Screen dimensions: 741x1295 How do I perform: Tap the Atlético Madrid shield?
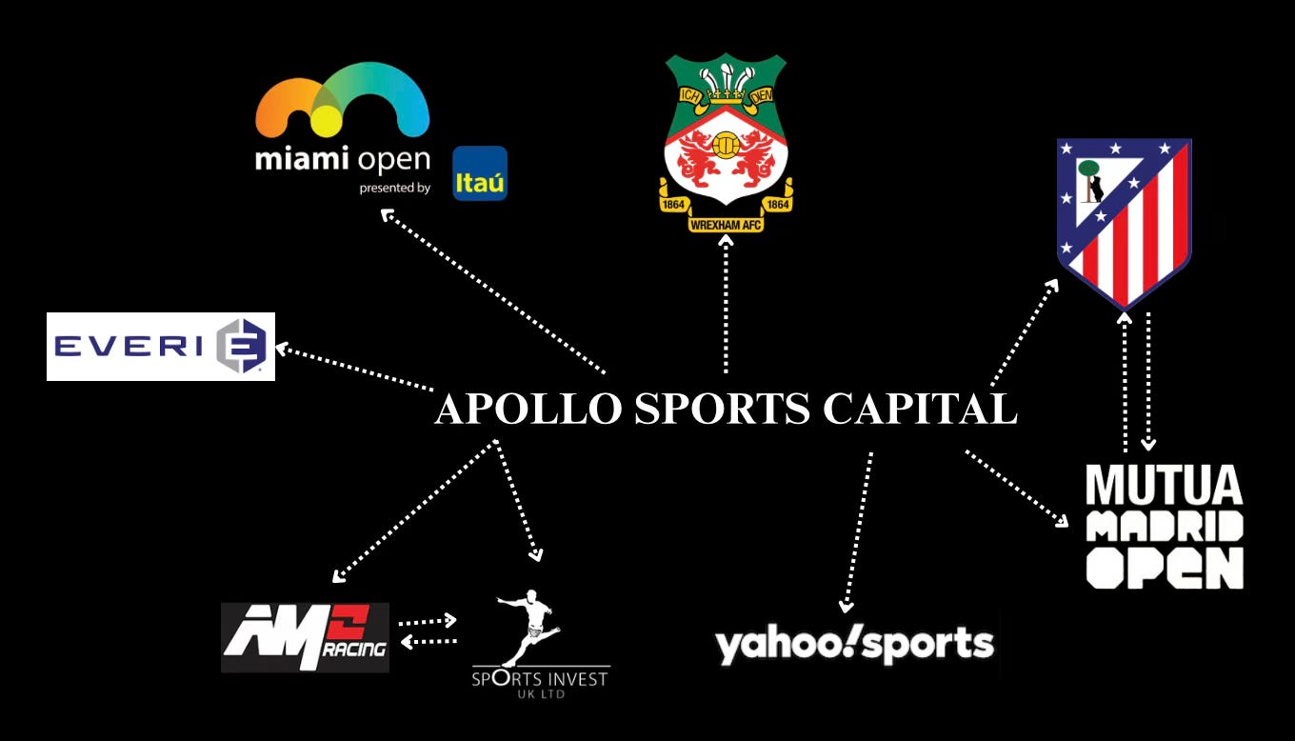pyautogui.click(x=1125, y=219)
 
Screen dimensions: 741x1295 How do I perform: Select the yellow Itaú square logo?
pyautogui.click(x=480, y=173)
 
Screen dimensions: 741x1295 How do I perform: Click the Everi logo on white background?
pyautogui.click(x=161, y=346)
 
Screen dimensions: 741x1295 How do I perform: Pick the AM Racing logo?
pyautogui.click(x=305, y=637)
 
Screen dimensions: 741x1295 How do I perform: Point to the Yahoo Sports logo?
pyautogui.click(x=854, y=645)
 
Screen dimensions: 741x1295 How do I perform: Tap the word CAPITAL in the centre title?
pyautogui.click(x=919, y=410)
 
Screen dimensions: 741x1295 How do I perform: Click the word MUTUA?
pyautogui.click(x=1164, y=486)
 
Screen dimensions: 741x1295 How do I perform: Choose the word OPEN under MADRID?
pyautogui.click(x=1164, y=568)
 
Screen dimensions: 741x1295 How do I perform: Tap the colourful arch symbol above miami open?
pyautogui.click(x=343, y=100)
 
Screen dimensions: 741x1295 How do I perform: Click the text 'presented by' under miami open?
pyautogui.click(x=394, y=188)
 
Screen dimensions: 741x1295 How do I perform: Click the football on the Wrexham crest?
pyautogui.click(x=727, y=145)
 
